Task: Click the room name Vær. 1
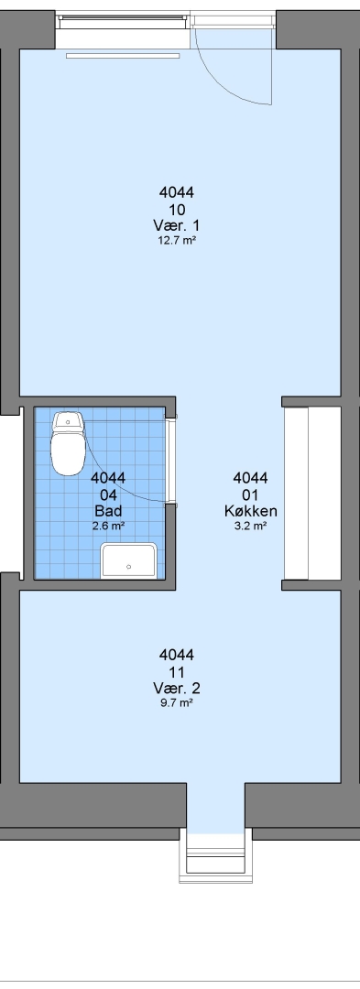177,225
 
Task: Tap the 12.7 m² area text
177,240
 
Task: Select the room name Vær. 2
177,688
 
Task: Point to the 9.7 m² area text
177,702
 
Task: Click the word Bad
108,510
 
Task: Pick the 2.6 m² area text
108,525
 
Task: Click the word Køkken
251,510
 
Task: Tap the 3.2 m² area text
251,525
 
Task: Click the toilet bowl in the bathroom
68,452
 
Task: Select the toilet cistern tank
69,421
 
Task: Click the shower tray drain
129,566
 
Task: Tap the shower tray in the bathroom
129,560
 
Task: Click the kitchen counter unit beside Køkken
296,494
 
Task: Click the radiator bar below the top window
123,56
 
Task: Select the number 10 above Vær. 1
177,209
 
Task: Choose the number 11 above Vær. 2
177,671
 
